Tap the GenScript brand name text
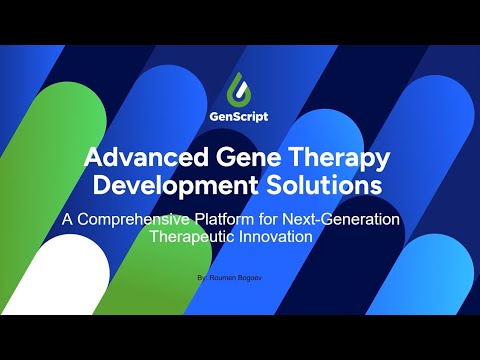(x=240, y=115)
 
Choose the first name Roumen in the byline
(x=227, y=272)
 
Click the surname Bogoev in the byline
(x=258, y=272)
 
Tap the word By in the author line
(x=205, y=272)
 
